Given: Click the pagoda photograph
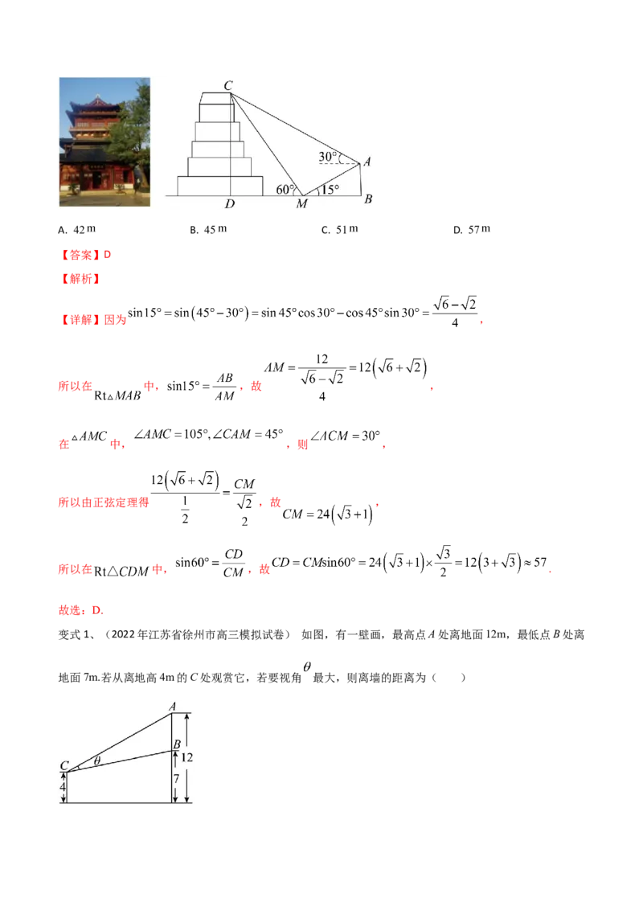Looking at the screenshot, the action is (104, 141).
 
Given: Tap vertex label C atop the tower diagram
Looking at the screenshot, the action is (228, 85).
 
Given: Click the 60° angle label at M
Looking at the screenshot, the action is (285, 189).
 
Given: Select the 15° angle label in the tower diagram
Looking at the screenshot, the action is (331, 189).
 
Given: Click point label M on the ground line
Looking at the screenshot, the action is (301, 203).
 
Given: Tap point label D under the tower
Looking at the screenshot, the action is (230, 203).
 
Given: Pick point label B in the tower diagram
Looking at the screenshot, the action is (368, 199).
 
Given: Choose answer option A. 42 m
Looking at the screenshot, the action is (76, 229).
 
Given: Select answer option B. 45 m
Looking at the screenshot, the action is (208, 229).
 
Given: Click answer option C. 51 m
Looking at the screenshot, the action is (340, 229).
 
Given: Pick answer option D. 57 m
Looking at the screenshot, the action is (472, 229).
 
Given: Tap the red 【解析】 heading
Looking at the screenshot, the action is (80, 279).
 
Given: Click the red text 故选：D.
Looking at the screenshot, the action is (80, 610).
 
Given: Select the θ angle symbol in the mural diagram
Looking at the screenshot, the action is (97, 760).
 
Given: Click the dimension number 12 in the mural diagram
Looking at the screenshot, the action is (186, 757).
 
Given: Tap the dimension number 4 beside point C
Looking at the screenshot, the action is (63, 787).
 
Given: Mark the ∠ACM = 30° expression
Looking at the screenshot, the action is (346, 436).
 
